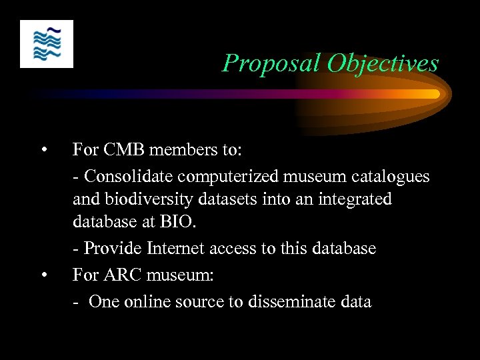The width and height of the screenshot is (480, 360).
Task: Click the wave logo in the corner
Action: [47, 43]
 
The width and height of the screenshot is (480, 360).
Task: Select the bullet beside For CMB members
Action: [43, 149]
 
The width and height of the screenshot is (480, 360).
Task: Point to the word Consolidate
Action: [127, 177]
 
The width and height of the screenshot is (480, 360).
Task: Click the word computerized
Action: [225, 177]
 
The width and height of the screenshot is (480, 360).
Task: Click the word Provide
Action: [109, 249]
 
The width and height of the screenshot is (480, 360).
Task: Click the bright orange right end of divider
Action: [435, 94]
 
